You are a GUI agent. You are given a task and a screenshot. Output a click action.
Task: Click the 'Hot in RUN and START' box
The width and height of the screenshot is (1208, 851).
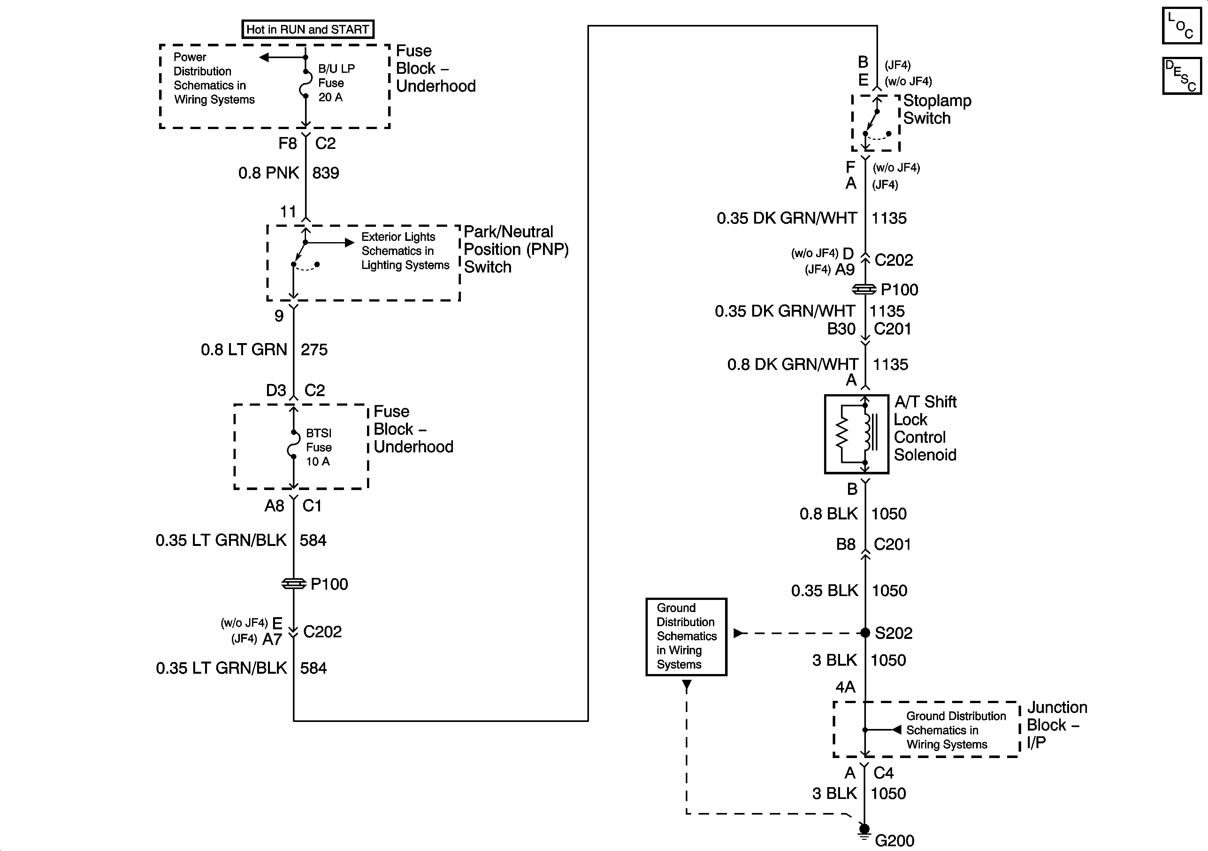click(308, 29)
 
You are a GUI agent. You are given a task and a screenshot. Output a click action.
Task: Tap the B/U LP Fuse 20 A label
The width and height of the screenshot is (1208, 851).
click(336, 83)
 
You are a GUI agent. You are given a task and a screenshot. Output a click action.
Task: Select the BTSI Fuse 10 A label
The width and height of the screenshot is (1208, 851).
click(319, 447)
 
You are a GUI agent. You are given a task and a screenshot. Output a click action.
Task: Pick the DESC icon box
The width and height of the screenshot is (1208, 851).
click(1182, 76)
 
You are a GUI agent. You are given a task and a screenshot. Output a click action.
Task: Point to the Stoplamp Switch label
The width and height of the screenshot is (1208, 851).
click(937, 110)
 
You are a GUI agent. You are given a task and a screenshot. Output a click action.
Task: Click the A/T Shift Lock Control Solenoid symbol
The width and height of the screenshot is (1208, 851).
click(857, 434)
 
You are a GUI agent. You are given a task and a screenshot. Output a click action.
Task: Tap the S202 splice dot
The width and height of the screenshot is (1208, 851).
click(865, 632)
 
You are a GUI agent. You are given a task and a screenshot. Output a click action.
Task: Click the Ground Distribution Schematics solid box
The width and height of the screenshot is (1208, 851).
click(686, 637)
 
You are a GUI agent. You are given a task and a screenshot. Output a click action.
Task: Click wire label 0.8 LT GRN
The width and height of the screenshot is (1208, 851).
click(244, 349)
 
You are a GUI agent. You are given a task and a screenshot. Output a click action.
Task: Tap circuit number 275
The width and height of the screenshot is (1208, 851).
click(314, 349)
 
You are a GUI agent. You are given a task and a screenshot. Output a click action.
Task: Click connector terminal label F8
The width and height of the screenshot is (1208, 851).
click(288, 143)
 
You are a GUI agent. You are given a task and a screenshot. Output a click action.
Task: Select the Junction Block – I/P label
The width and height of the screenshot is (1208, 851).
click(1057, 725)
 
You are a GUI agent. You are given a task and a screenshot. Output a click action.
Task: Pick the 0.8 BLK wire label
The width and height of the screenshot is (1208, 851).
click(829, 514)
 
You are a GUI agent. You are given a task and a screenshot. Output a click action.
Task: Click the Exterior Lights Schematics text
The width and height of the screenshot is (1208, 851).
click(405, 251)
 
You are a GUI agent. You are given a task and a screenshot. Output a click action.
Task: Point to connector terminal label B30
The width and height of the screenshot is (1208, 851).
click(841, 329)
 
